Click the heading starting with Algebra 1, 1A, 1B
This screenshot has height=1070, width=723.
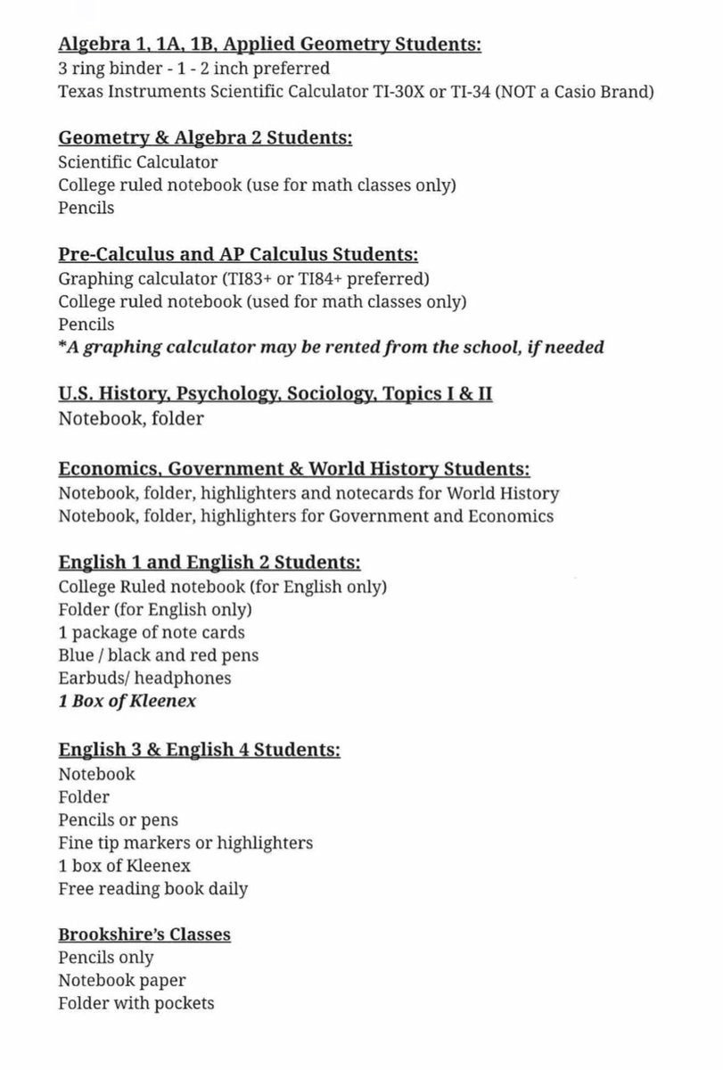coord(269,45)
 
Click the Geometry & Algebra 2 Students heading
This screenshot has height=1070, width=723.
coord(205,138)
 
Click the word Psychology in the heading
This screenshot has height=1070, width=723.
coord(226,394)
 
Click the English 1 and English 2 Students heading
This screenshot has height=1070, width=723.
coord(209,563)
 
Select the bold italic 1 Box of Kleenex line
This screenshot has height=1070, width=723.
coord(127,701)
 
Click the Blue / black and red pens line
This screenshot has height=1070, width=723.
coord(159,654)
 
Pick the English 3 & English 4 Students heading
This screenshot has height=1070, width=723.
coord(199,749)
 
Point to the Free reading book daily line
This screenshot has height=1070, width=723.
coord(153,888)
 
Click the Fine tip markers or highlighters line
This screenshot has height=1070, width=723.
coord(185,842)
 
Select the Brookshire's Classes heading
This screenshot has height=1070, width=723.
coord(144,934)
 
